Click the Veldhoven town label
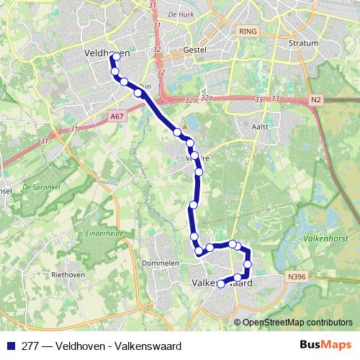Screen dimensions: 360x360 point(107,53)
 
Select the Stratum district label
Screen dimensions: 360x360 point(303,42)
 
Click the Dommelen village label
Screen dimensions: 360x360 point(161,264)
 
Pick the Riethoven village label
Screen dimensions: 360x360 point(68,274)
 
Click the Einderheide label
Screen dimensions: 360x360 point(105,233)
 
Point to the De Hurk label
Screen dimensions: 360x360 point(180,14)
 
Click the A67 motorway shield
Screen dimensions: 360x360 point(117,114)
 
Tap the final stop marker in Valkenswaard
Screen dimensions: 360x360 point(222,284)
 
